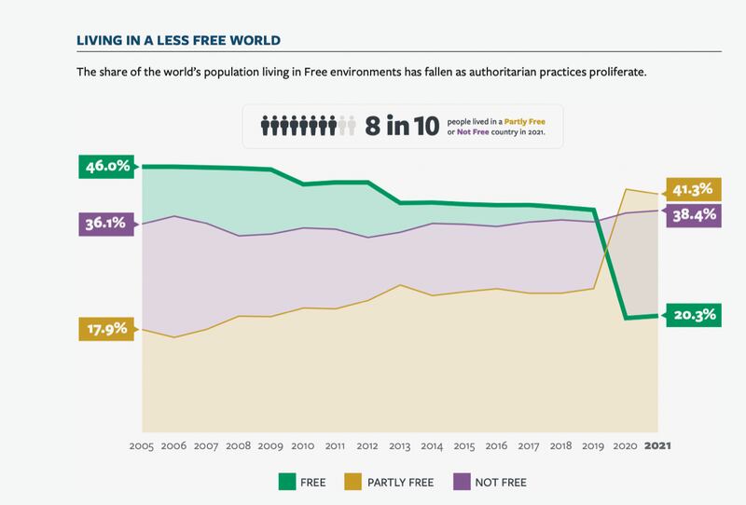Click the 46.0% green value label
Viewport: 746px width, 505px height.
pyautogui.click(x=107, y=168)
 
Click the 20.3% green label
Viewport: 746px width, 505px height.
pyautogui.click(x=695, y=315)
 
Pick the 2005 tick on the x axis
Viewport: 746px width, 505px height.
pyautogui.click(x=143, y=445)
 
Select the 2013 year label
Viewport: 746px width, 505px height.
pyautogui.click(x=399, y=445)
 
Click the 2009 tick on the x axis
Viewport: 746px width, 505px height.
pyautogui.click(x=271, y=445)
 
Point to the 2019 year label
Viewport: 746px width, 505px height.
pyautogui.click(x=592, y=445)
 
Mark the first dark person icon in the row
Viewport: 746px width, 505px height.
pyautogui.click(x=265, y=125)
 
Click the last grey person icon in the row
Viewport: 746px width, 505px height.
pyautogui.click(x=352, y=125)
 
